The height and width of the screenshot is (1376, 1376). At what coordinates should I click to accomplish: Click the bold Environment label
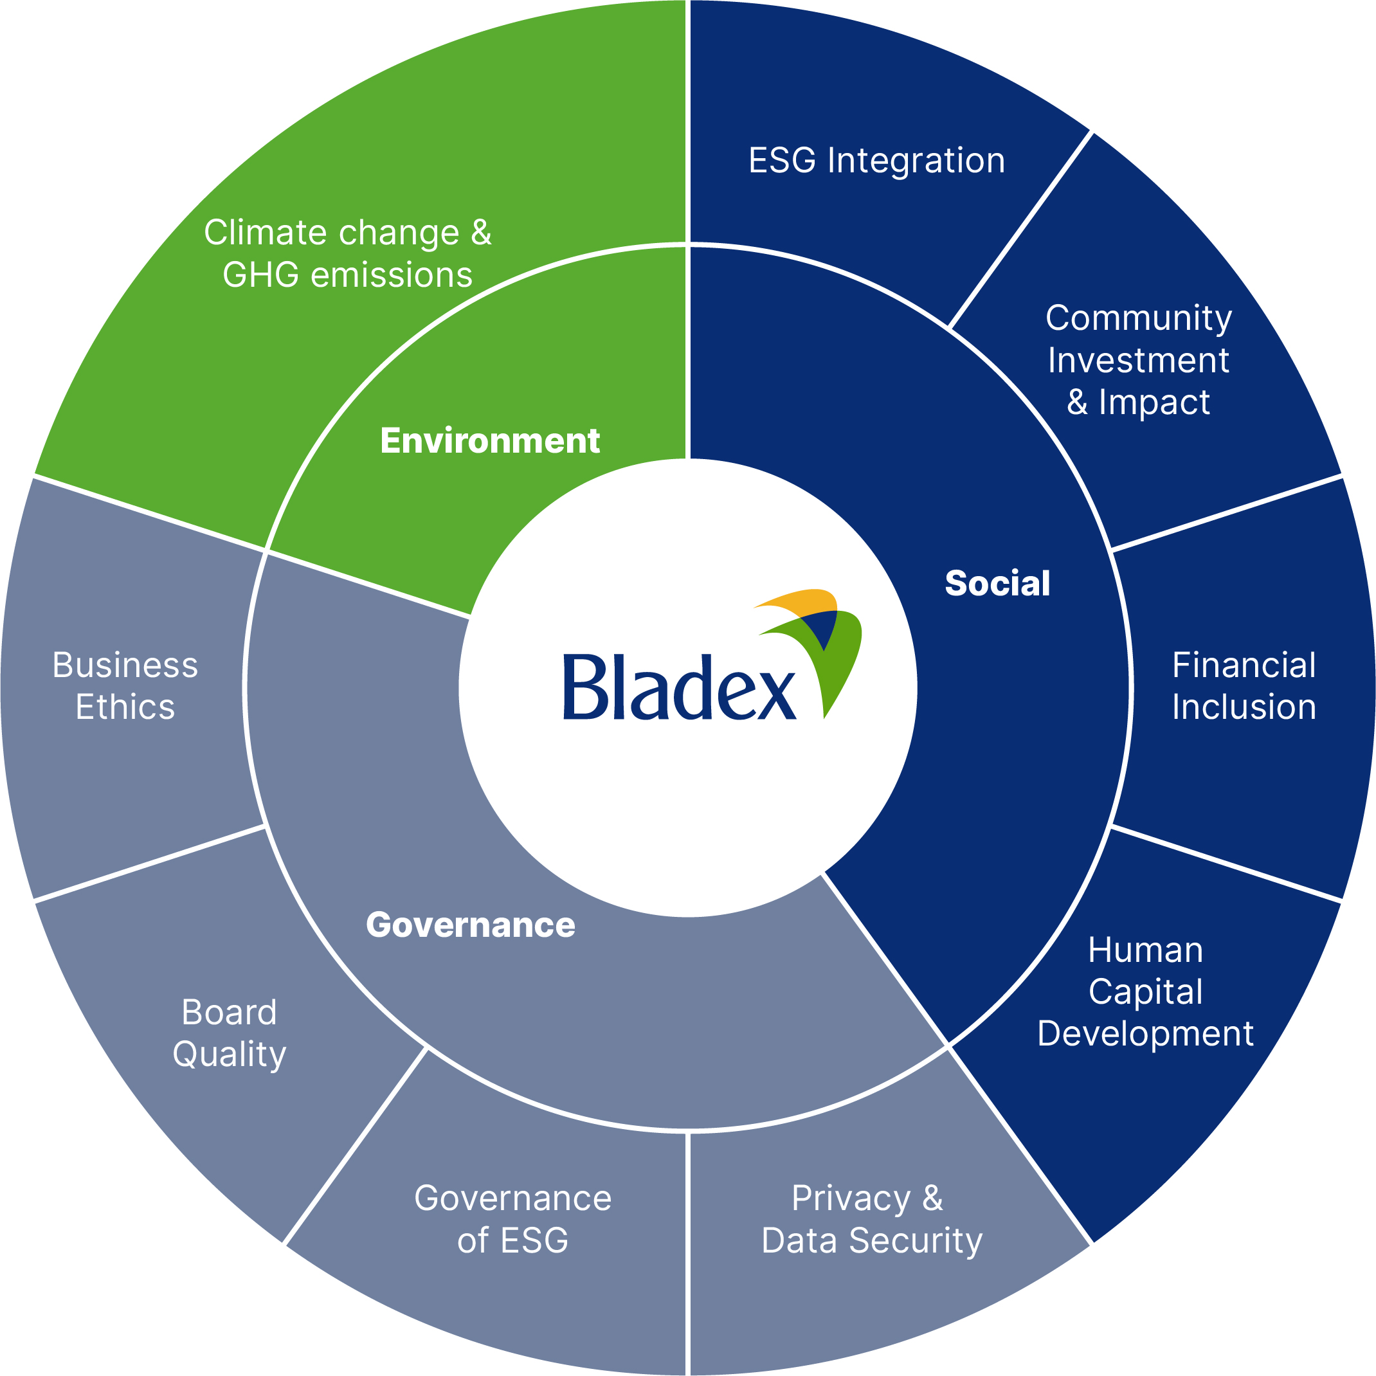click(x=489, y=441)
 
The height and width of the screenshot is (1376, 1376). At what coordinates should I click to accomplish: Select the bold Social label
click(x=997, y=583)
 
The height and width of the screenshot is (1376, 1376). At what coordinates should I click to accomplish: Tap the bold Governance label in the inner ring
click(x=470, y=925)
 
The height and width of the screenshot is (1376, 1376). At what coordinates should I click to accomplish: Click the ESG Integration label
click(x=876, y=160)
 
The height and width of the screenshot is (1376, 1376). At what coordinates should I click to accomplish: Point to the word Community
click(x=1138, y=318)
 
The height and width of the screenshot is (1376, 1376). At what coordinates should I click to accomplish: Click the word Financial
click(x=1244, y=665)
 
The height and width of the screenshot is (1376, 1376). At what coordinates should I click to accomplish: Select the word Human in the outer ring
click(x=1145, y=950)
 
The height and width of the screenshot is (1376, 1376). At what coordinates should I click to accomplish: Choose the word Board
click(x=229, y=1012)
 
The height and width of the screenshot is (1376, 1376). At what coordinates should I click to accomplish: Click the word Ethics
click(x=125, y=707)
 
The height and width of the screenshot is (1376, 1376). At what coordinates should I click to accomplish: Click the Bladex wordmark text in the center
click(x=679, y=688)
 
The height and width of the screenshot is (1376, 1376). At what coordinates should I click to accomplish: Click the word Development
click(x=1145, y=1033)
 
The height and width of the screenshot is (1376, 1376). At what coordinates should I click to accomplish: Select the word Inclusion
click(x=1244, y=707)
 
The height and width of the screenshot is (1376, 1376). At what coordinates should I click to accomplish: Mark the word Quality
click(x=229, y=1055)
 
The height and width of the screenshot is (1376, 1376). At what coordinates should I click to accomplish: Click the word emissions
click(x=392, y=276)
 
